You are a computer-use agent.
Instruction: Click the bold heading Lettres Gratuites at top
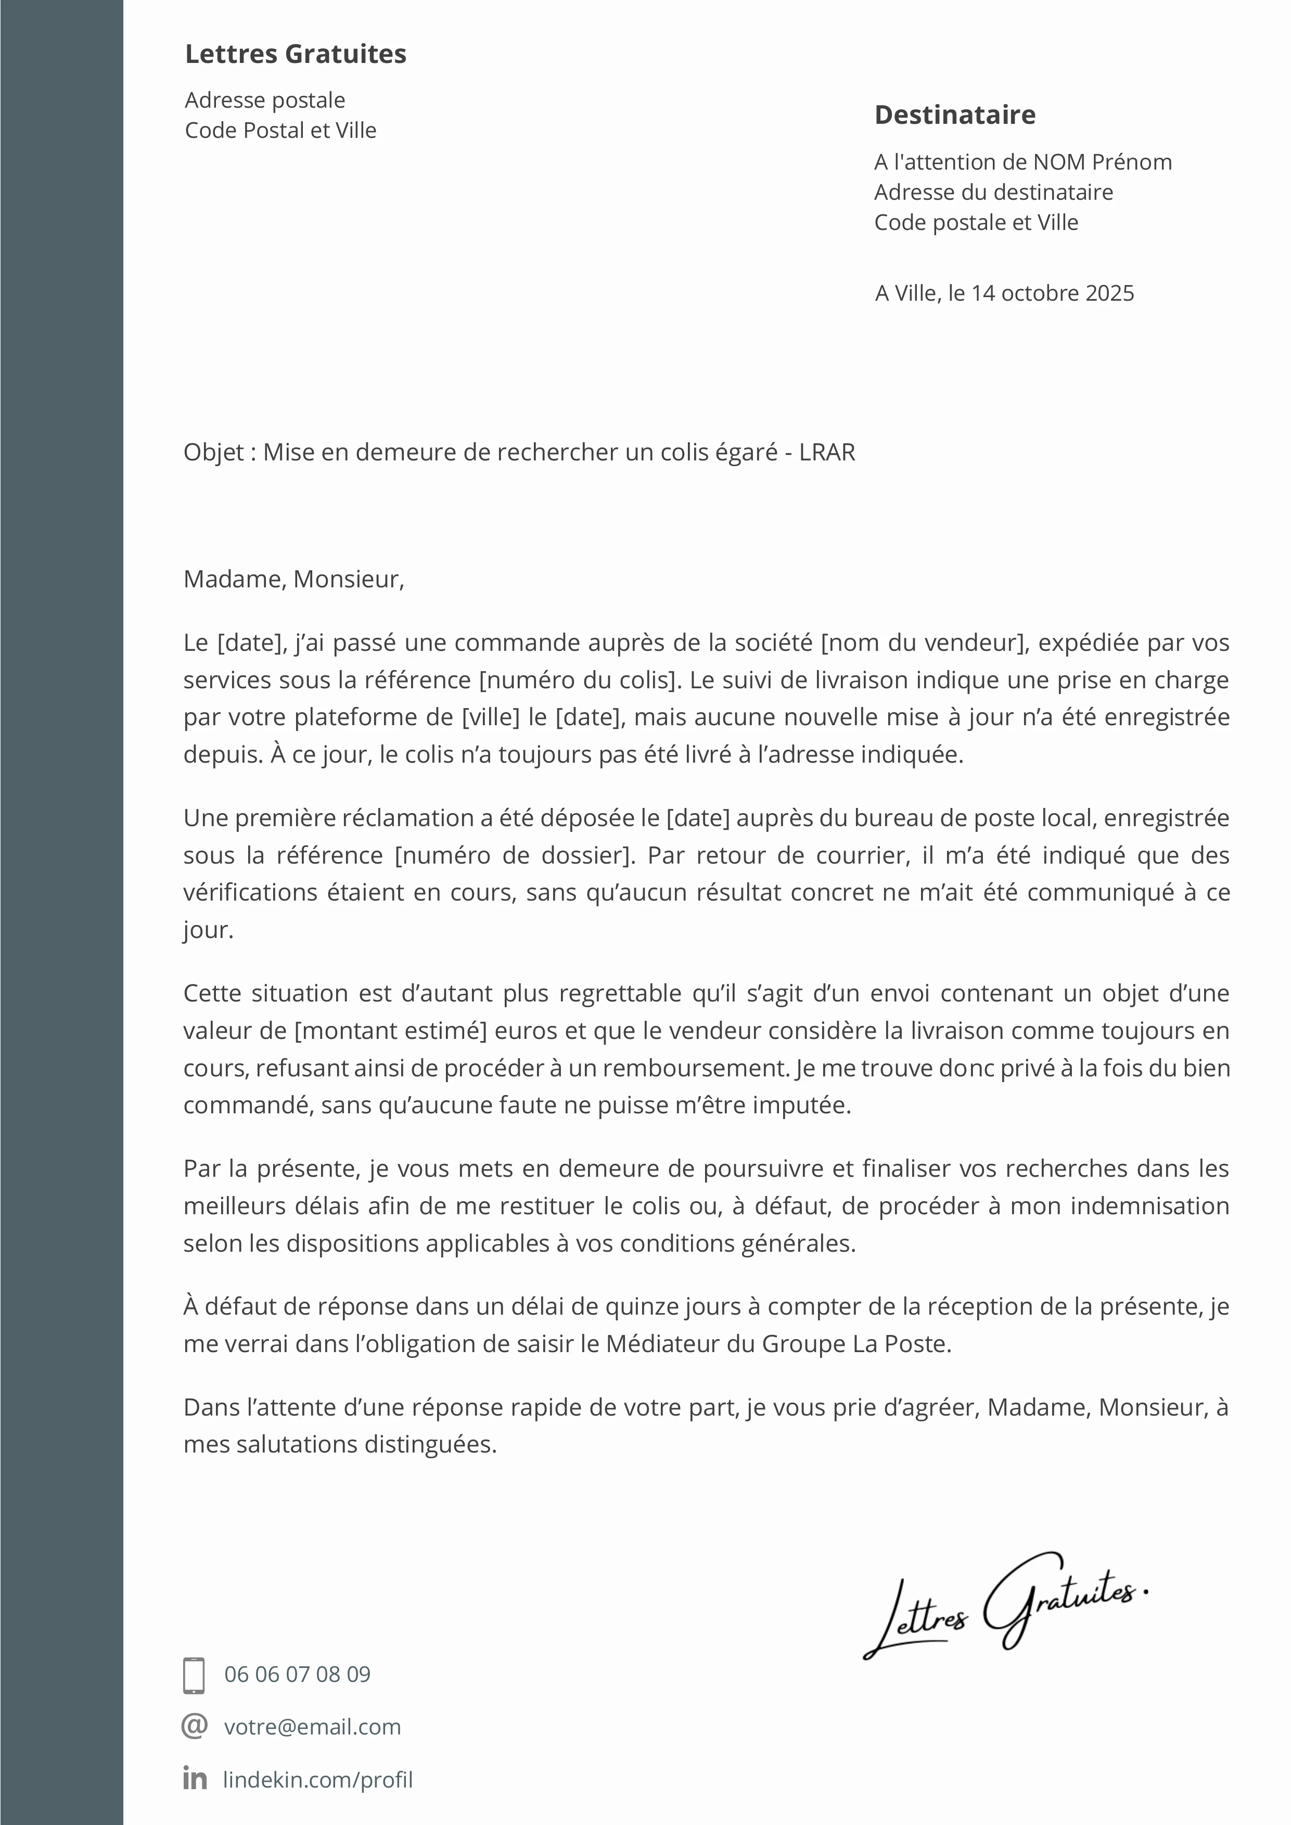(x=295, y=54)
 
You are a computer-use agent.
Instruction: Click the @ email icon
(x=195, y=1726)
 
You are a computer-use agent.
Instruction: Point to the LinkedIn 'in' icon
(x=195, y=1778)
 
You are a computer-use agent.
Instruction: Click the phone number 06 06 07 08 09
(x=297, y=1675)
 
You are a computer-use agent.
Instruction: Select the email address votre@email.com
(x=312, y=1727)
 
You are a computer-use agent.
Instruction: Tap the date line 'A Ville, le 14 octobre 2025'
(x=1004, y=293)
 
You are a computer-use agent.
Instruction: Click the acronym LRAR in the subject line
(x=827, y=452)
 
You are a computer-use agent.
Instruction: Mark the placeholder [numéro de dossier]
(x=515, y=855)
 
